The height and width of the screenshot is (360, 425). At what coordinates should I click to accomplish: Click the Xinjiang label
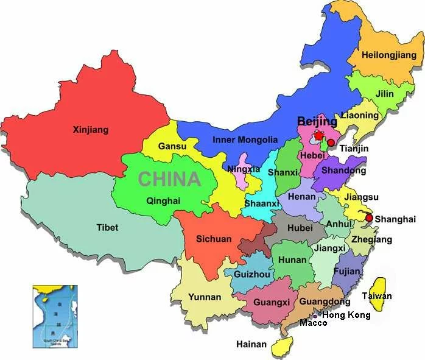tap(90, 130)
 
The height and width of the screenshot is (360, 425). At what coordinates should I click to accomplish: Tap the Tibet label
tap(107, 228)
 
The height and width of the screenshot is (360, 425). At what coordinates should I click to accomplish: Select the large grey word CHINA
tap(169, 179)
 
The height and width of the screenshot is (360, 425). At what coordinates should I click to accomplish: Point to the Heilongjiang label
tap(389, 55)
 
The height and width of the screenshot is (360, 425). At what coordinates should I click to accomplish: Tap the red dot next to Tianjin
tap(331, 143)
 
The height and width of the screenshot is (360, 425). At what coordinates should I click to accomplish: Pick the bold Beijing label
tap(317, 122)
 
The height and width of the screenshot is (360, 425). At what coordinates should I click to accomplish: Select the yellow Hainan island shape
tap(282, 347)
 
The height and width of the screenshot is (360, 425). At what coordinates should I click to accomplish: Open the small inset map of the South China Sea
tap(52, 316)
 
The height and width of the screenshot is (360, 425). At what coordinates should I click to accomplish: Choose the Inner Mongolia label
tap(245, 140)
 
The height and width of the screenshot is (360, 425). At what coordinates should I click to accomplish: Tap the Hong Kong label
tap(346, 315)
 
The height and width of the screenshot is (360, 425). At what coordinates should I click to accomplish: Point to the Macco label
tap(313, 323)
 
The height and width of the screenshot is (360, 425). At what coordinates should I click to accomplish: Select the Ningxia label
tap(244, 169)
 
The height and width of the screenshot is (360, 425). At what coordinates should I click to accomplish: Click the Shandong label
tap(339, 171)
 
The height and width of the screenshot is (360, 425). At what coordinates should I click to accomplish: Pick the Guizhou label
tap(251, 275)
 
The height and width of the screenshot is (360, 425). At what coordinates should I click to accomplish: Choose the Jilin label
tap(385, 94)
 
